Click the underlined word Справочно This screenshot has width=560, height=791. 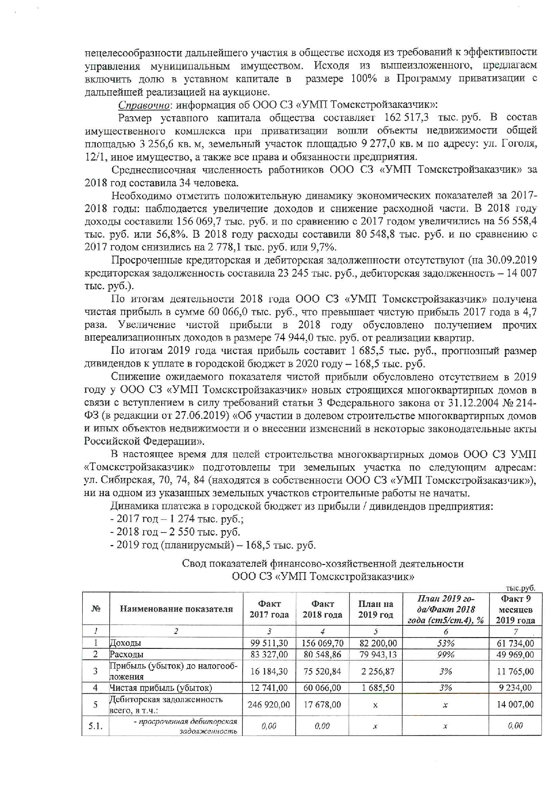click(144, 105)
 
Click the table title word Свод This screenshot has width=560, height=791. click(194, 564)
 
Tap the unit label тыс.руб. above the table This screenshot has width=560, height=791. click(520, 588)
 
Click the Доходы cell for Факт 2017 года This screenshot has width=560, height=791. click(269, 643)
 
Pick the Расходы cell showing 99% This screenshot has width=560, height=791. click(445, 654)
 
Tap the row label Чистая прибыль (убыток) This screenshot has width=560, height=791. click(161, 688)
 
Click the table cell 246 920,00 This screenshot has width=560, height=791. click(269, 704)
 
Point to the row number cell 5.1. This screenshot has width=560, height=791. click(95, 726)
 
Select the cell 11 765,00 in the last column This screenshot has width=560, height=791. click(515, 671)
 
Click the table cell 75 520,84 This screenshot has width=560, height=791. click(322, 671)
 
